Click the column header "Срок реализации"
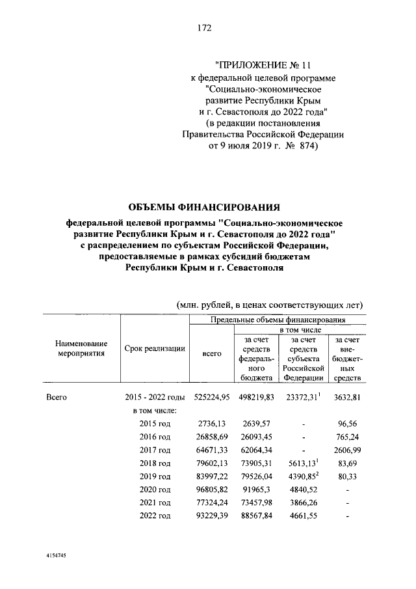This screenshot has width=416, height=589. [x=155, y=349]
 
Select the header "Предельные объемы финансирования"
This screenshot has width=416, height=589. [x=278, y=320]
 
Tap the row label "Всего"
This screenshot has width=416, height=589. [x=57, y=396]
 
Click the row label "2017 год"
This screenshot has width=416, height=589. [x=155, y=450]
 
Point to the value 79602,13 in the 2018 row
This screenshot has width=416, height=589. [x=213, y=463]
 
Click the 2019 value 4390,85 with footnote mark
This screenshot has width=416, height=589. [x=303, y=476]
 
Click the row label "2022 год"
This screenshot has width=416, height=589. [x=155, y=516]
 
